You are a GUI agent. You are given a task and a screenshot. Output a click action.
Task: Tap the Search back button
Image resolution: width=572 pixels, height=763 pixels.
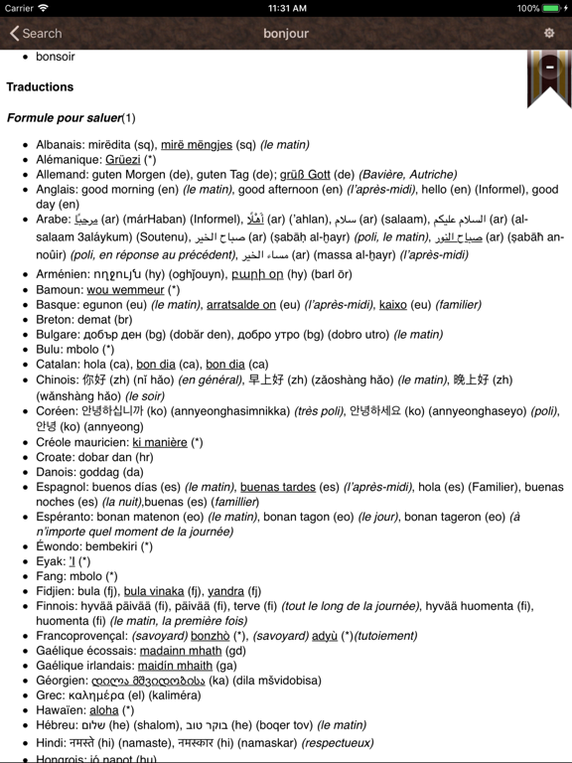coord(36,33)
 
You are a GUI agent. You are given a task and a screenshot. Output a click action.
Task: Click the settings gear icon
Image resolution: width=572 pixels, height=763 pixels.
coord(549,33)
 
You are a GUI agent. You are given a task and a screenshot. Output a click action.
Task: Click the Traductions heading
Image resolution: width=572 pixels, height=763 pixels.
coord(40,86)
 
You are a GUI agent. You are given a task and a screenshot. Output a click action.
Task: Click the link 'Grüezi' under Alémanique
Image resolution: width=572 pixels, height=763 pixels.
coord(122,159)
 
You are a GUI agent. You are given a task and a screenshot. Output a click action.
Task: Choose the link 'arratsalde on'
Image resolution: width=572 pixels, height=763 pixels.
coord(240,305)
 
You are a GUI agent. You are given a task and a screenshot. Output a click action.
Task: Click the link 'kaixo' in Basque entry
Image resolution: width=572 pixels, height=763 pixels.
coord(393,305)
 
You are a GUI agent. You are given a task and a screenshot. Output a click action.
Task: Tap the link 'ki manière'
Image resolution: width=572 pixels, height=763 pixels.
coord(160,442)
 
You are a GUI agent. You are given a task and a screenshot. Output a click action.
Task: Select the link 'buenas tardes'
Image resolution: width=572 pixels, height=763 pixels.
coord(278,487)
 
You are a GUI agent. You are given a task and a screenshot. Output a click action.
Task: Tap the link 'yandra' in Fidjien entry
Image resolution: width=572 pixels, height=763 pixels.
coord(226,591)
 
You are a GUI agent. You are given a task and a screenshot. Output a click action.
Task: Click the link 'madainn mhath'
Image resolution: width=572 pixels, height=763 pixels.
coord(181,651)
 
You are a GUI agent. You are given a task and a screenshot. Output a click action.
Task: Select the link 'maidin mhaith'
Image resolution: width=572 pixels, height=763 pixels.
coord(174,666)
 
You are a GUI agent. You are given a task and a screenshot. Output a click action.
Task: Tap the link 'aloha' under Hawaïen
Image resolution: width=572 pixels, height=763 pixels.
coord(104,710)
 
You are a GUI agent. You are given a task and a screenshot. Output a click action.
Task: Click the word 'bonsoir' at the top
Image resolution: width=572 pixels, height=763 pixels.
coord(56,57)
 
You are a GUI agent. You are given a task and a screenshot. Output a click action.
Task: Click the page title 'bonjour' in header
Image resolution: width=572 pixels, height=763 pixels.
coord(286,33)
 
